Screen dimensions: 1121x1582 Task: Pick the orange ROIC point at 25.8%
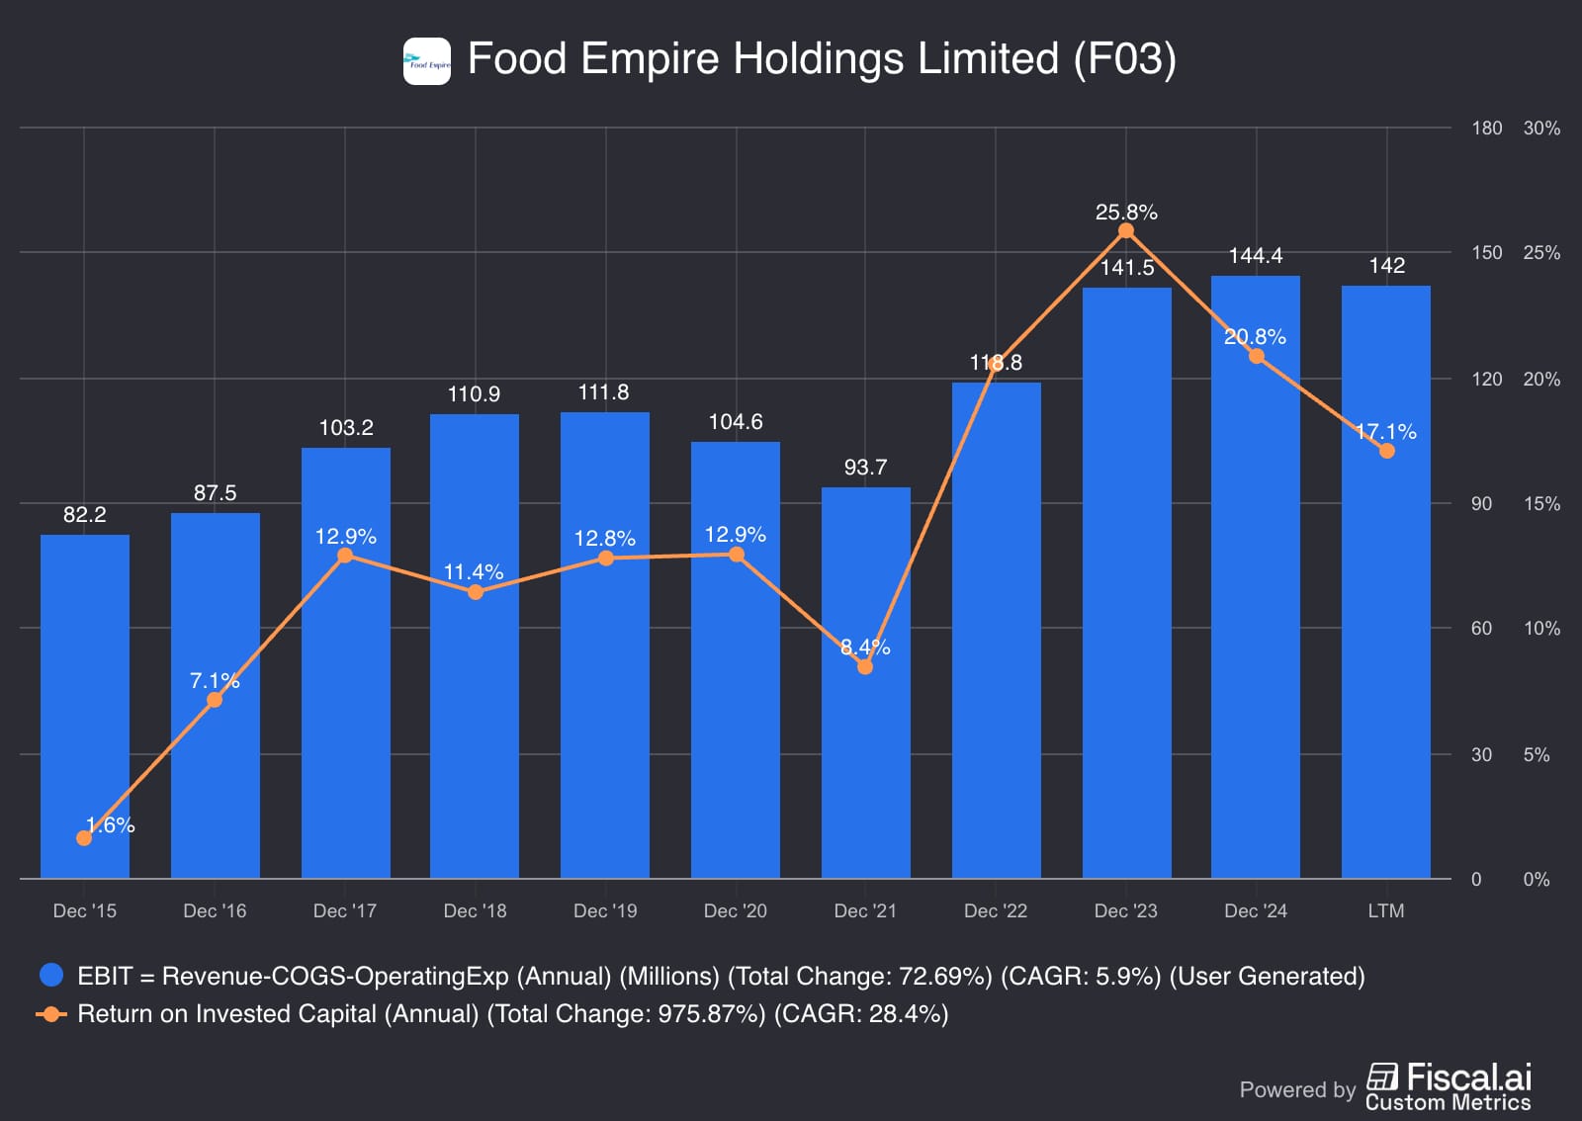pos(1126,231)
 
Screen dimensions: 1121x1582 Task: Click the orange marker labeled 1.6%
pos(84,838)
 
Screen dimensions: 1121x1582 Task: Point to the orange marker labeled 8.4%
pos(865,667)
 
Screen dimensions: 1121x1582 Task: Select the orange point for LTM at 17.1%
pos(1387,451)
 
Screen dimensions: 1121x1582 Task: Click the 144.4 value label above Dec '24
pos(1256,256)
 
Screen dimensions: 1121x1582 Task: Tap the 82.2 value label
pos(85,515)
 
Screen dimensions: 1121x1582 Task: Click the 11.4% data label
pos(474,572)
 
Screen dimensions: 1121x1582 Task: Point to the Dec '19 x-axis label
pos(605,910)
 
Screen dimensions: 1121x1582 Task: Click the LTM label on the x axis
pos(1386,910)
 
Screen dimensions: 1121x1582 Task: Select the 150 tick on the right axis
pos(1486,253)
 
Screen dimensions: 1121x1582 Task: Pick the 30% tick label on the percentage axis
pos(1541,129)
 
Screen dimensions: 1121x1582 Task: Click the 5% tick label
pos(1537,755)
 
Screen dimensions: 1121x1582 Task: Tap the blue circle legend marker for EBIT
pos(51,976)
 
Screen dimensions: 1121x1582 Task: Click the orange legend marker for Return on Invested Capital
pos(51,1014)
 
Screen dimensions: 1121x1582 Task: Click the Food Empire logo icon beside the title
pos(427,61)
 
